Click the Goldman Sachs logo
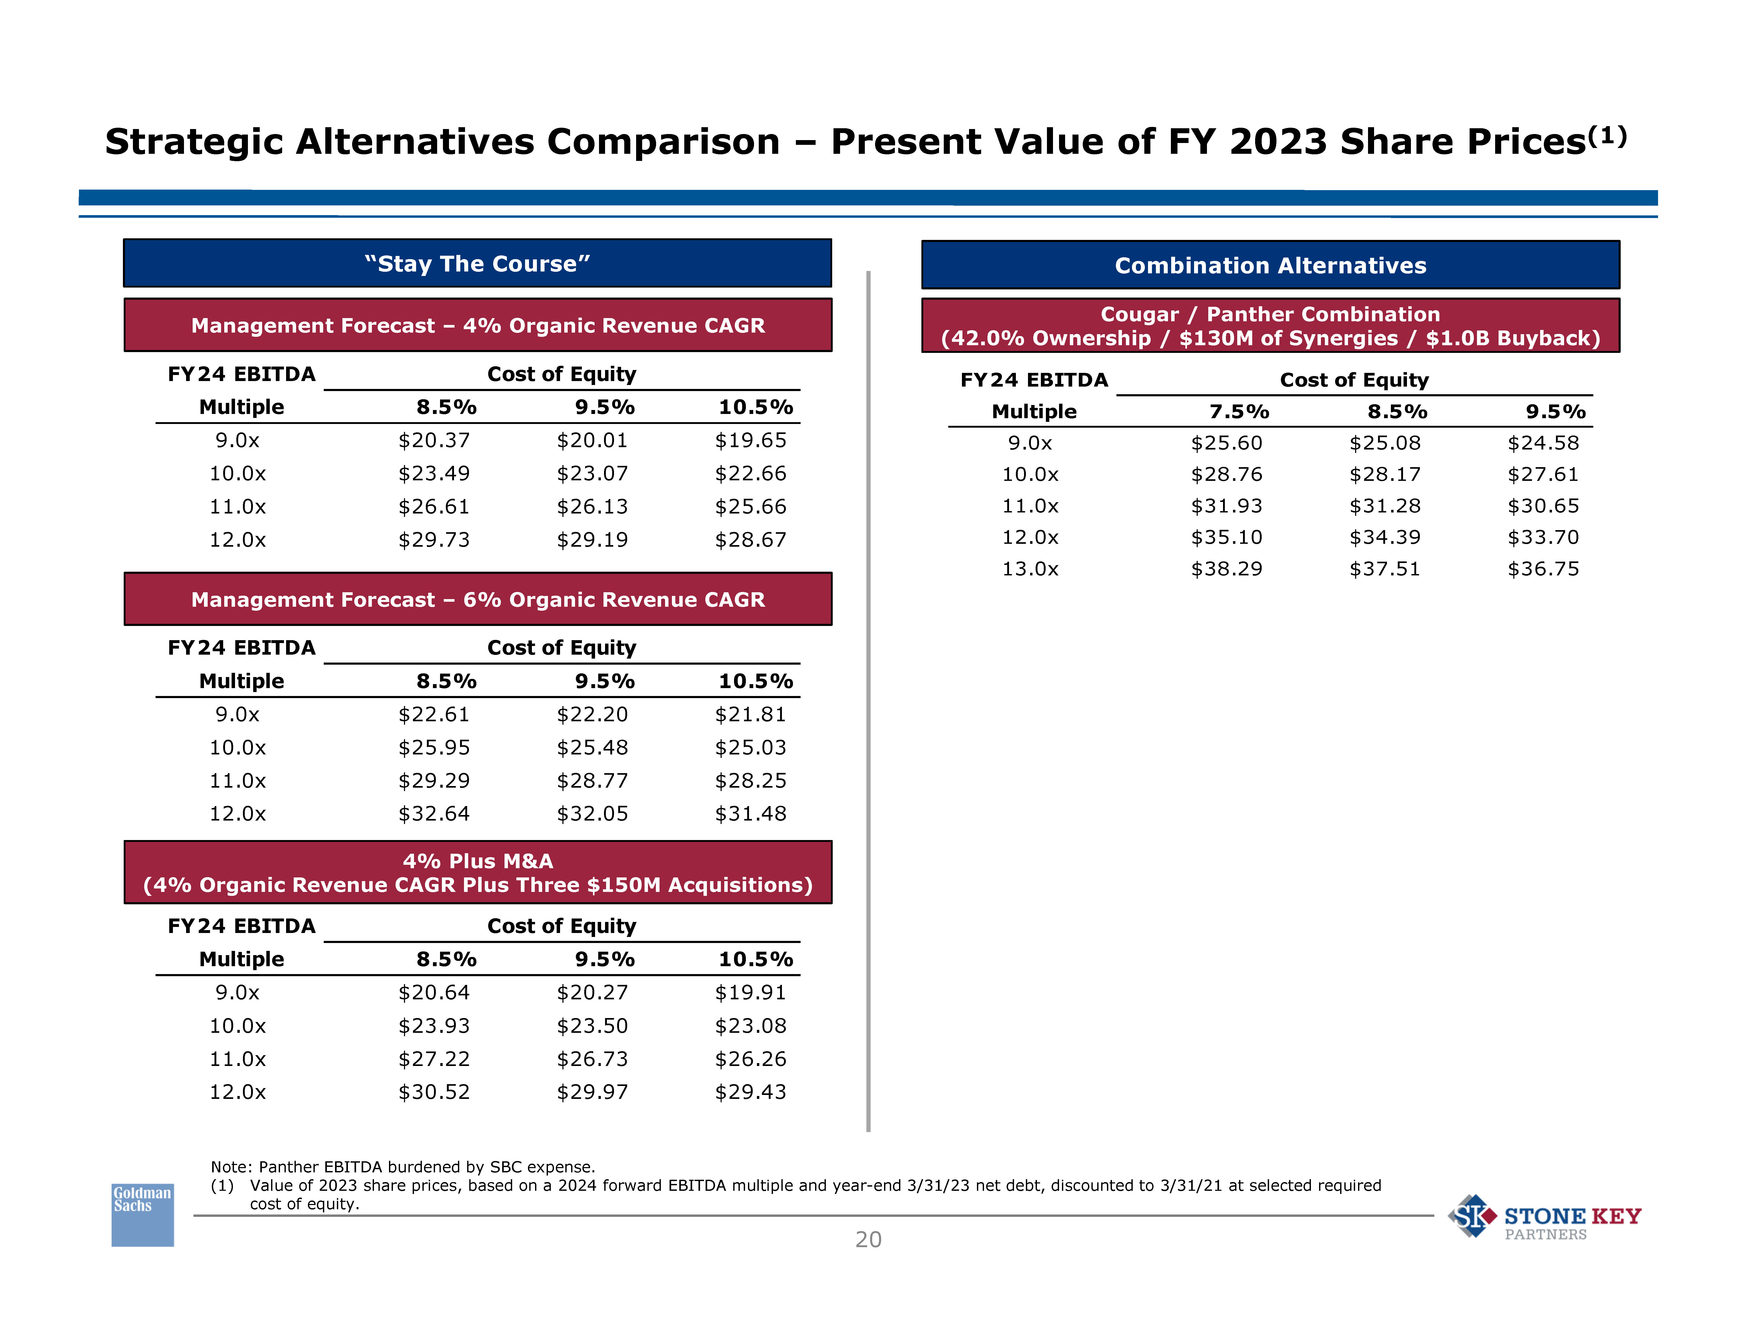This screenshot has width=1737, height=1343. (142, 1214)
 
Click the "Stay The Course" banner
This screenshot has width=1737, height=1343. (477, 263)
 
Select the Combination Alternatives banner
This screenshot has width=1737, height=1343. (1270, 265)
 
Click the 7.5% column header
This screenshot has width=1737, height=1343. (1238, 411)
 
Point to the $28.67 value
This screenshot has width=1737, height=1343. (750, 539)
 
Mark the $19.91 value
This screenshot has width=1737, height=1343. (750, 992)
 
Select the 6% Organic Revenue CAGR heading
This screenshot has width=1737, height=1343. (477, 599)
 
